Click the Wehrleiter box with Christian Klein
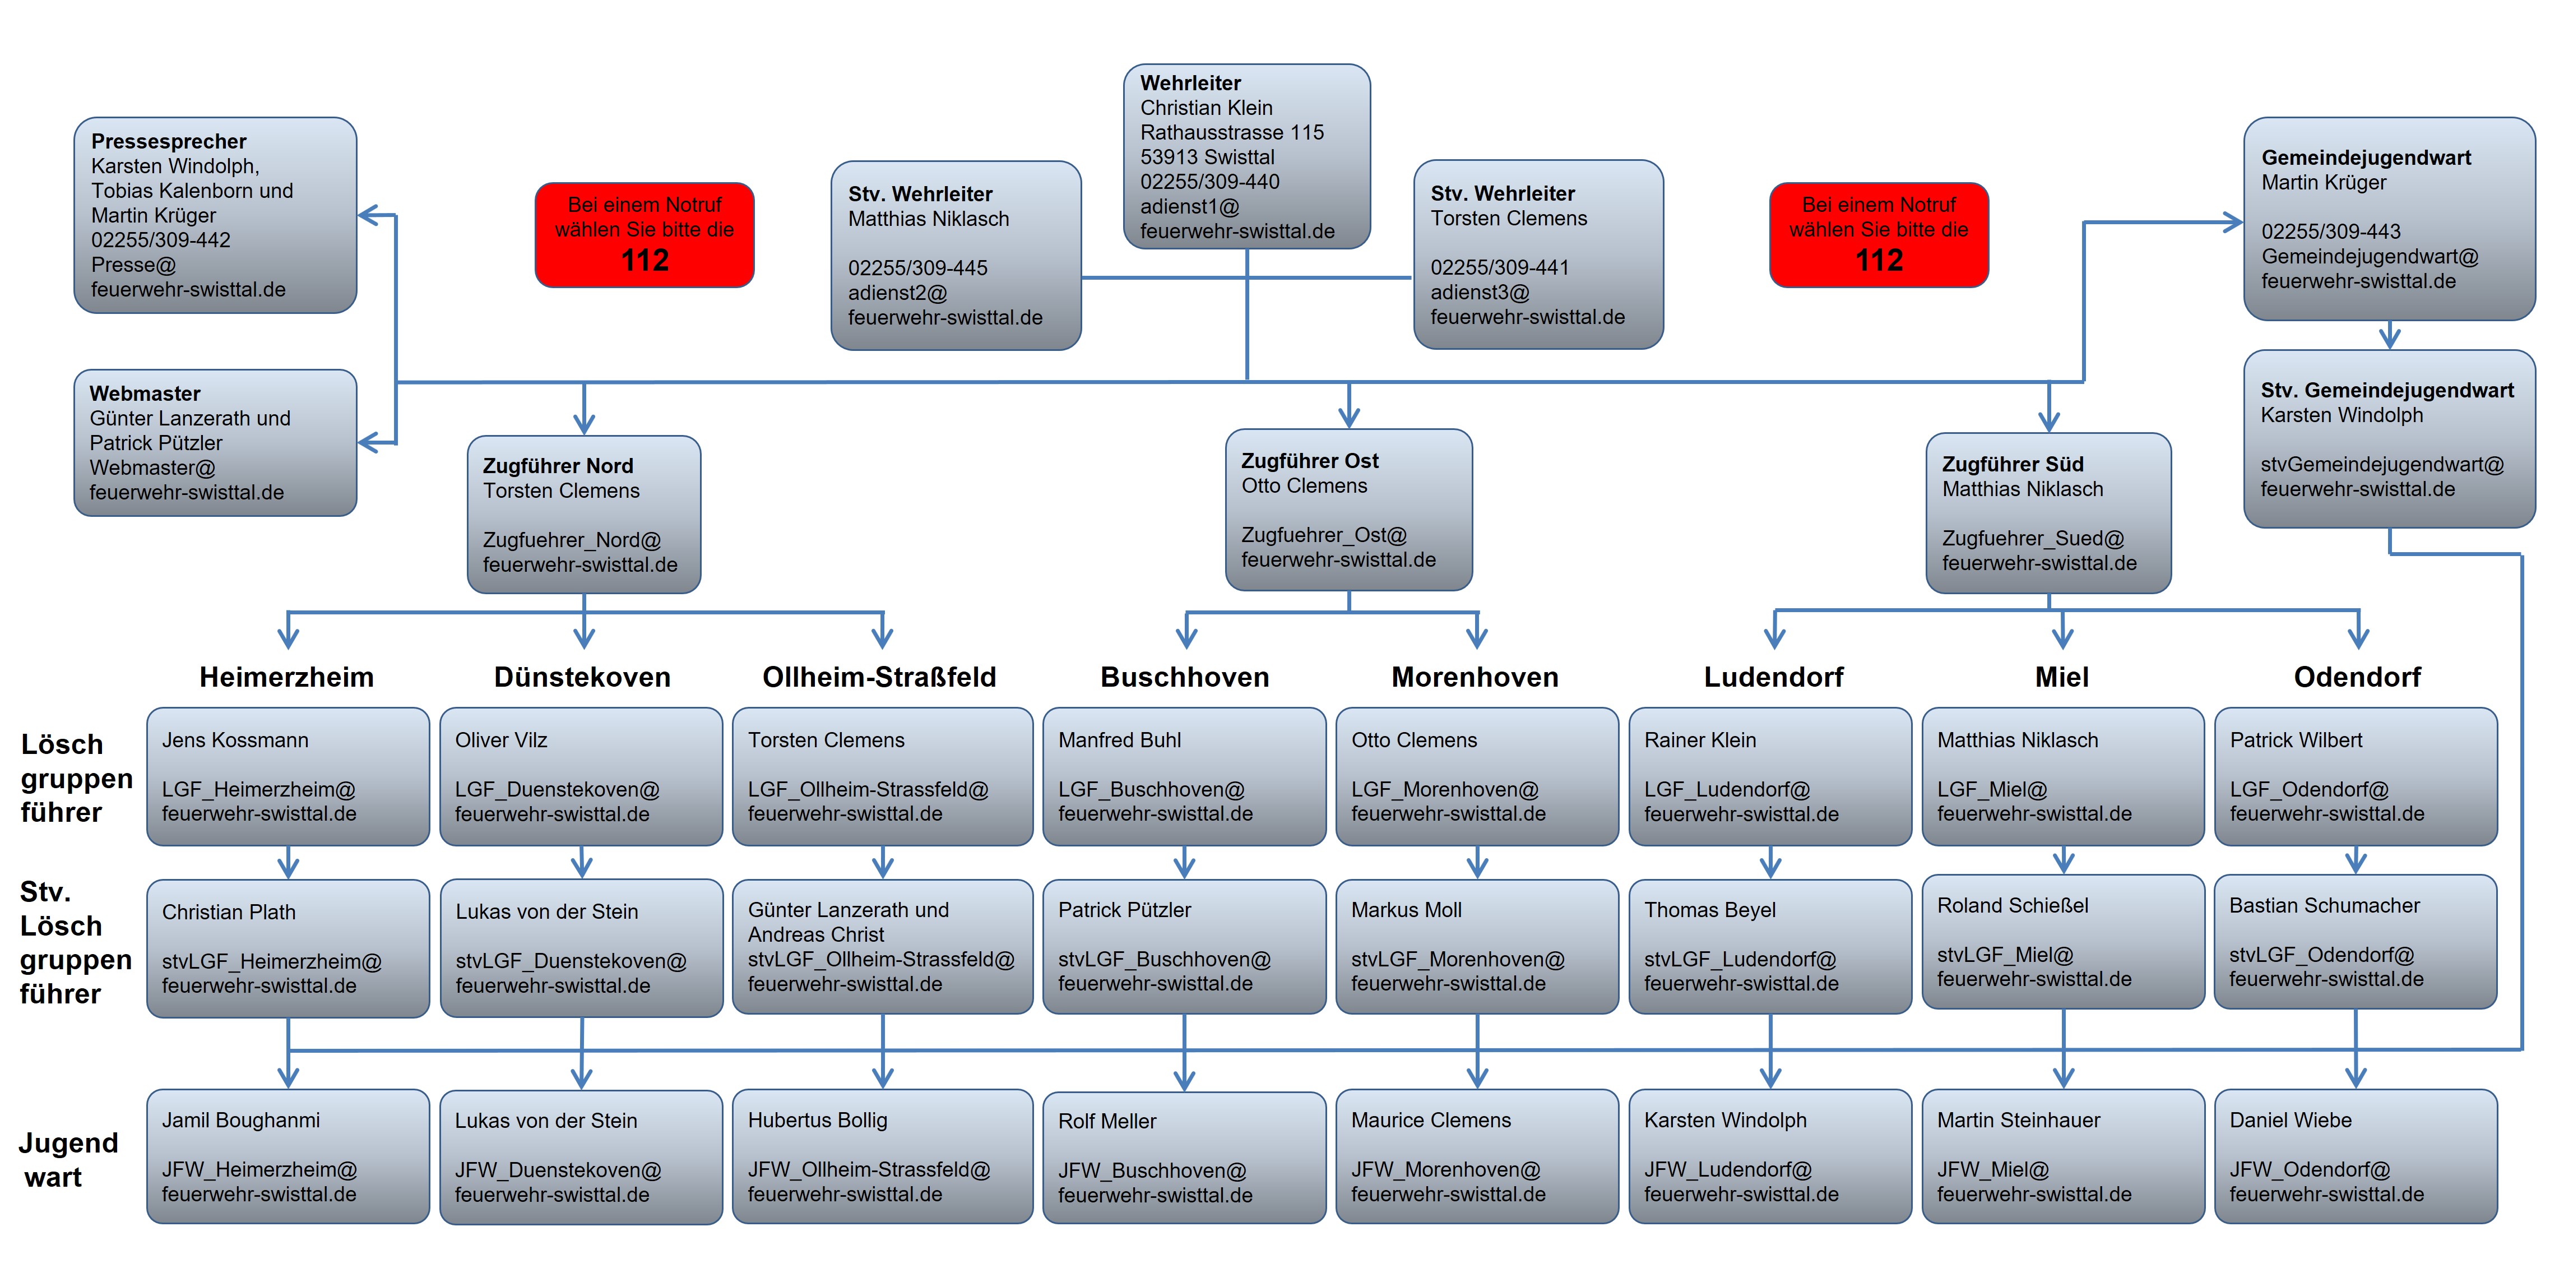click(x=1246, y=156)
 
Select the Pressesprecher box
click(x=216, y=215)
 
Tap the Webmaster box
click(x=216, y=442)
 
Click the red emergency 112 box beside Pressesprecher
click(x=645, y=234)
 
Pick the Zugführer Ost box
click(x=1348, y=510)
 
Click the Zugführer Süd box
click(x=2048, y=513)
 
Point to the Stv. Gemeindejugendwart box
click(x=2389, y=438)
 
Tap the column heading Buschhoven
click(x=1185, y=677)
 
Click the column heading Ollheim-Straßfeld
click(x=879, y=677)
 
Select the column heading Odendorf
click(x=2357, y=677)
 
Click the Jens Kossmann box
click(x=288, y=776)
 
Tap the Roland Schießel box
click(x=2063, y=941)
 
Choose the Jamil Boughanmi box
click(x=288, y=1156)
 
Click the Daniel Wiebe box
click(x=2356, y=1156)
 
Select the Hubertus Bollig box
click(x=882, y=1156)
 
